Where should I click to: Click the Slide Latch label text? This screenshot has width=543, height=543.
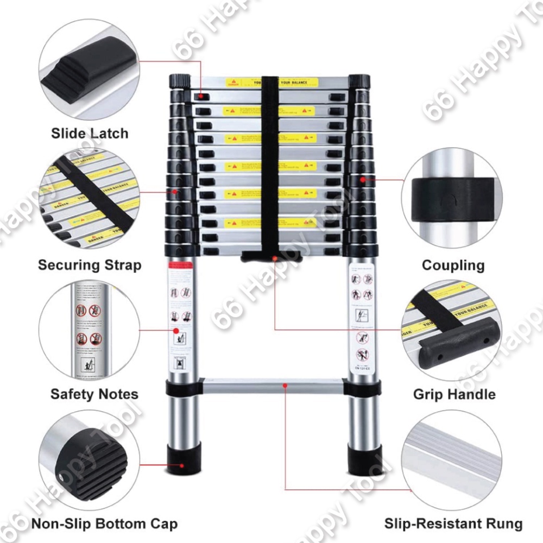pos(90,133)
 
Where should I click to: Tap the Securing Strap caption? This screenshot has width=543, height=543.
pos(90,265)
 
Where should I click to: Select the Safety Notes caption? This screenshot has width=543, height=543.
pos(94,394)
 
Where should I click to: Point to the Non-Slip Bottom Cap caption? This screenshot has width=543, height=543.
pos(104,524)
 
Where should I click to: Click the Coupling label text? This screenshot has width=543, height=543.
pos(453,265)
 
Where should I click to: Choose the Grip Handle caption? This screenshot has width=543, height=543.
pos(454,394)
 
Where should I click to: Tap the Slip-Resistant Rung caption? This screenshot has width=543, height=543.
pos(453,524)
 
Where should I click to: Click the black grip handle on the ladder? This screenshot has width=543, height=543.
pos(272,255)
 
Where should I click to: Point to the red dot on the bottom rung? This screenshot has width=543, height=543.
pos(285,386)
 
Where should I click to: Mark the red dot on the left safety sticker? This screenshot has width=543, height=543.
pos(176,330)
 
